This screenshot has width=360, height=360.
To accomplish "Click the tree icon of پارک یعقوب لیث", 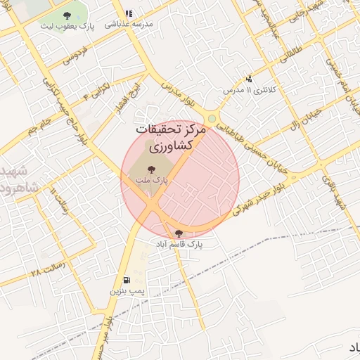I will tap(66, 15).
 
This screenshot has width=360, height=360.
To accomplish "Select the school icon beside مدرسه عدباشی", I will tap(128, 13).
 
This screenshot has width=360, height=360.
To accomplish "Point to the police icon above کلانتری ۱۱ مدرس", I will tap(249, 79).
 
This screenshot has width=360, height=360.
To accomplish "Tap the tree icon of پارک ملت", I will tap(152, 169).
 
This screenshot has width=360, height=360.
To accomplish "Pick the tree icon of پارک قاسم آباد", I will tap(179, 233).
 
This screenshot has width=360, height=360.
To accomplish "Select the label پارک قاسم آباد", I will tap(179, 243).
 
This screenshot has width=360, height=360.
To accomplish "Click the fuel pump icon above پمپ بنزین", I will tap(126, 279).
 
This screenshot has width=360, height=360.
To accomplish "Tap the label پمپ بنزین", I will tap(127, 290).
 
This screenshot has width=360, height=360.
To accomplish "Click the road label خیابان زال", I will tap(304, 118).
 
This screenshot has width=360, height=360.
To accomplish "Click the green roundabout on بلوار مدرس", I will tap(212, 118).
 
